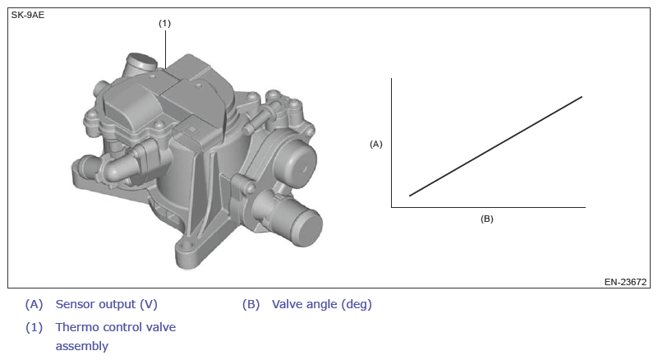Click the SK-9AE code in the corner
click(28, 15)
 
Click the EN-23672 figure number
click(625, 282)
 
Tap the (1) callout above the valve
click(164, 24)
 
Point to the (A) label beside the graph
click(376, 144)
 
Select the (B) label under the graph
click(487, 219)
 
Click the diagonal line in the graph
click(495, 146)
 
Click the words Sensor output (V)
click(107, 304)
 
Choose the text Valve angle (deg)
click(322, 304)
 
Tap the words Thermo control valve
click(116, 327)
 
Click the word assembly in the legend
click(82, 346)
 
